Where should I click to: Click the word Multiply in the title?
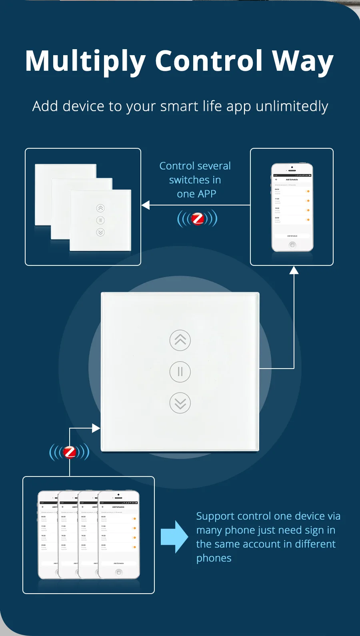(85, 62)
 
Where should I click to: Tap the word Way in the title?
(303, 62)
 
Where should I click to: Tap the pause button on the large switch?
(180, 372)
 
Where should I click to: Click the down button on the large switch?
(180, 403)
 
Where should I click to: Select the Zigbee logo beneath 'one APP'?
(198, 219)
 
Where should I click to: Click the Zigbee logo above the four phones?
(70, 452)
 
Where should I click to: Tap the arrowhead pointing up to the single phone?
(294, 271)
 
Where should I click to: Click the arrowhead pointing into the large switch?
(96, 428)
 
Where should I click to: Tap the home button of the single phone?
(292, 245)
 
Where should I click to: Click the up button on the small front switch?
(100, 208)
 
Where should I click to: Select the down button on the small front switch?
(100, 232)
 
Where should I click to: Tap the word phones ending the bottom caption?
(214, 558)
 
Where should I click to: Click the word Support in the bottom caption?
(215, 516)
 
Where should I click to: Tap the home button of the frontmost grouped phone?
(118, 572)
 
